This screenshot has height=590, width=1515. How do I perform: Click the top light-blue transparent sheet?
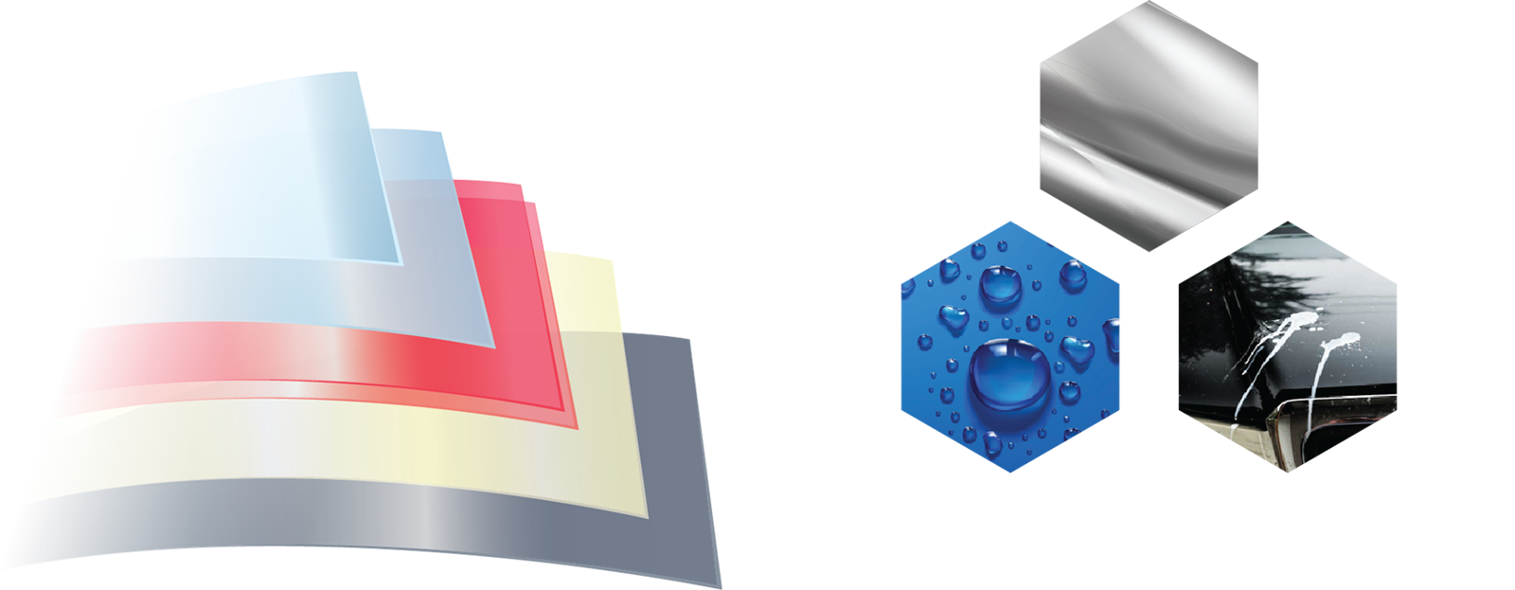point(189,142)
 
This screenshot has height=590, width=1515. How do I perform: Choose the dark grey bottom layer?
point(379,540)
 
